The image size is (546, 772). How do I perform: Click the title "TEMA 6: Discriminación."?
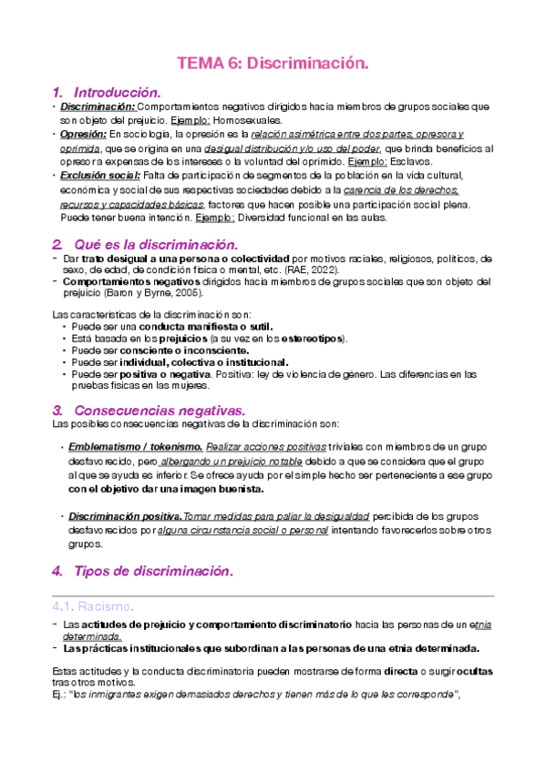click(x=273, y=63)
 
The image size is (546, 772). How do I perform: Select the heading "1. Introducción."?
click(x=107, y=93)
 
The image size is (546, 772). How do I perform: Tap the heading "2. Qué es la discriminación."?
click(x=144, y=245)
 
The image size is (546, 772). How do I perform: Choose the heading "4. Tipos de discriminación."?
click(x=142, y=571)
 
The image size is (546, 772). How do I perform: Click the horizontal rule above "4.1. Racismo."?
click(x=273, y=595)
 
